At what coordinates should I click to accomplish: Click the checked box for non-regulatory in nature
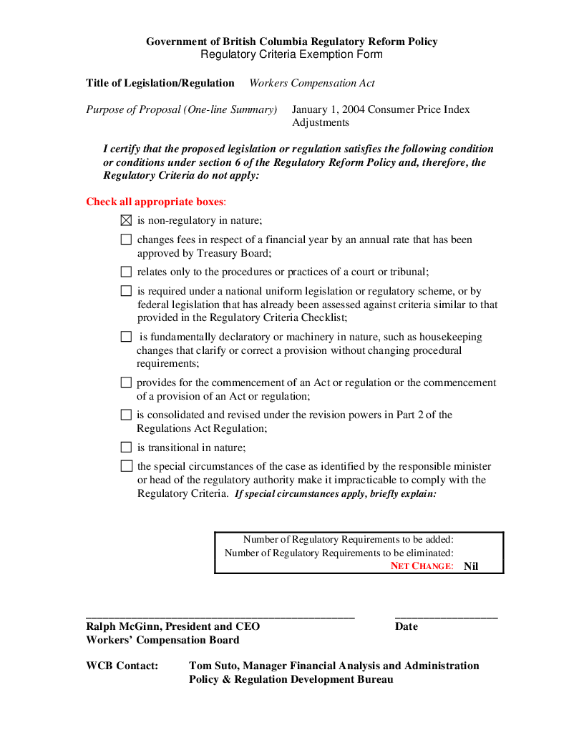pyautogui.click(x=126, y=221)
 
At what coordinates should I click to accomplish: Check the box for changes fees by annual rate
pyautogui.click(x=126, y=240)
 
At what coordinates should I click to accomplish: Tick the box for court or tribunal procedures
pyautogui.click(x=126, y=272)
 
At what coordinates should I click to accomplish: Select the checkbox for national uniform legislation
pyautogui.click(x=126, y=292)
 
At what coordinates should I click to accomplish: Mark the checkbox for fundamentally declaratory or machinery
pyautogui.click(x=126, y=337)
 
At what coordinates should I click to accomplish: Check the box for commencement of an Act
pyautogui.click(x=126, y=383)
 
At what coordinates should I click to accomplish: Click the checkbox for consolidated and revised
pyautogui.click(x=126, y=415)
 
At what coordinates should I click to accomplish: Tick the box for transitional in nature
pyautogui.click(x=126, y=448)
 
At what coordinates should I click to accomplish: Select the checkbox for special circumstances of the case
pyautogui.click(x=126, y=466)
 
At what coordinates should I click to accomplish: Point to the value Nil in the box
pyautogui.click(x=471, y=566)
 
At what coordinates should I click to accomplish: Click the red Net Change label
pyautogui.click(x=422, y=566)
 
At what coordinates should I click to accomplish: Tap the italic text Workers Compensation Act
pyautogui.click(x=312, y=83)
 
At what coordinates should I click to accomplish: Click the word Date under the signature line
pyautogui.click(x=406, y=626)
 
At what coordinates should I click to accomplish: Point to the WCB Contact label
pyautogui.click(x=122, y=666)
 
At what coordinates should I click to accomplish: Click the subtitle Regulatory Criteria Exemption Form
pyautogui.click(x=291, y=54)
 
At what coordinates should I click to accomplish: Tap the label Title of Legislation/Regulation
pyautogui.click(x=160, y=83)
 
